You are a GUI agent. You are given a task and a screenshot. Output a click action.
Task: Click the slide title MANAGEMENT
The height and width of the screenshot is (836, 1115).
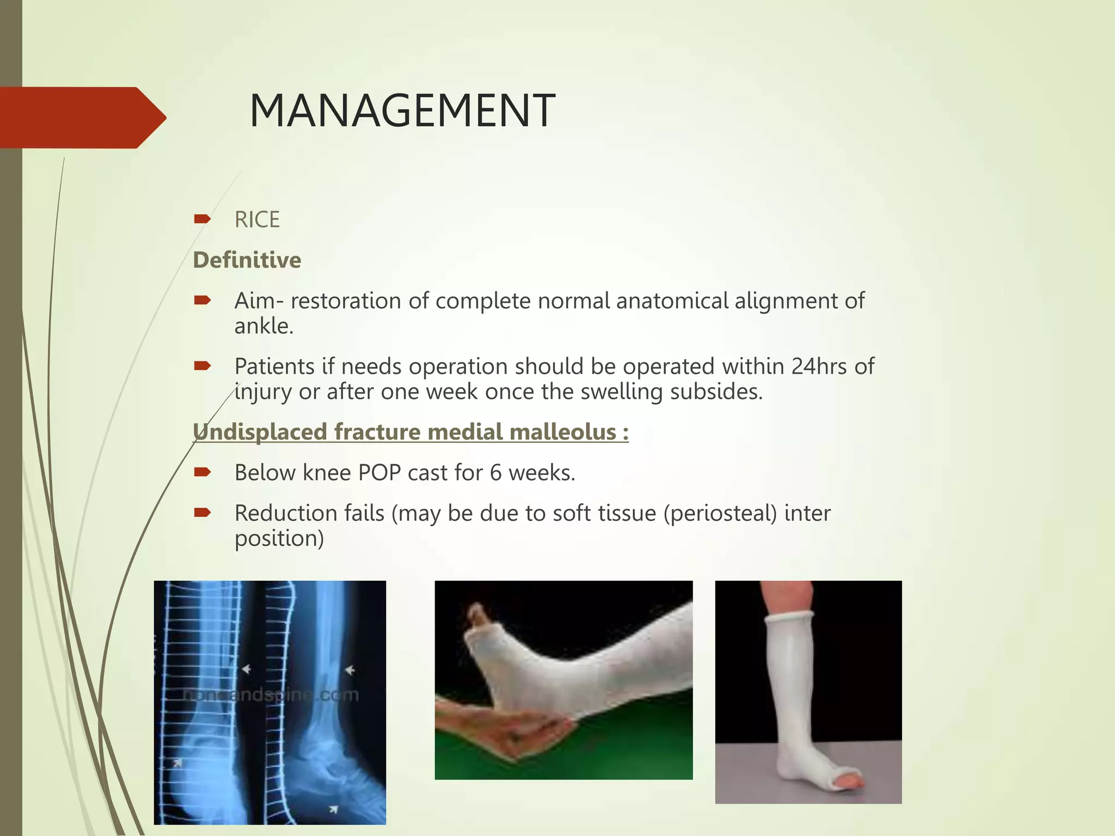[402, 112]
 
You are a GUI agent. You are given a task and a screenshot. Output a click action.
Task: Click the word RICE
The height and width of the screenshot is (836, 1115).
[257, 220]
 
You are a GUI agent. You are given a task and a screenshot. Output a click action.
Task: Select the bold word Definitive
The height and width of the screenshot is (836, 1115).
[247, 260]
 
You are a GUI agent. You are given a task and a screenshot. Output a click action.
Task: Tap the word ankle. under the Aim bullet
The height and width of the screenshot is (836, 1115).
[264, 326]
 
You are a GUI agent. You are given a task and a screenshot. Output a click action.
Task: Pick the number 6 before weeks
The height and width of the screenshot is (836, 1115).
[495, 472]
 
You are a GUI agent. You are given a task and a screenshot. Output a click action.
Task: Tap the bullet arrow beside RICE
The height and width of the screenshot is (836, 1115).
[202, 219]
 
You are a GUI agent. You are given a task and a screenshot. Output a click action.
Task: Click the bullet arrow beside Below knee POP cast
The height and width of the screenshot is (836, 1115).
[202, 472]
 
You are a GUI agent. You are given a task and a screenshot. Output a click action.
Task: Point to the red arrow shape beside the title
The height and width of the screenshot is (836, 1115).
[82, 118]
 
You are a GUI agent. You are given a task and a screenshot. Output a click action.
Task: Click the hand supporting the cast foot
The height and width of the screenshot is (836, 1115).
[506, 729]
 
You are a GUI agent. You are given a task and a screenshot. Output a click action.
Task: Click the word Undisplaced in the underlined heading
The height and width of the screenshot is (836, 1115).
[260, 432]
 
